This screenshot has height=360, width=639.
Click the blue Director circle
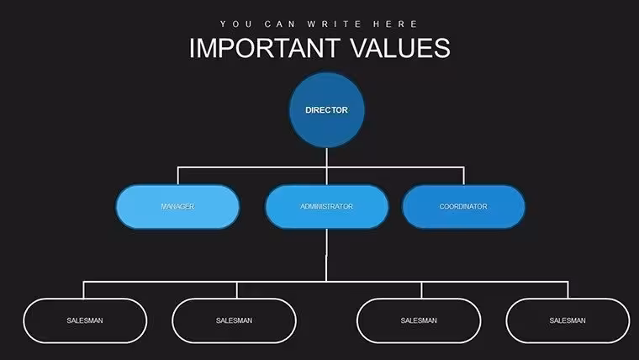click(x=326, y=110)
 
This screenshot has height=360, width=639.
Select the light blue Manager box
click(x=177, y=207)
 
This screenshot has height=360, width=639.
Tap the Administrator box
click(x=326, y=207)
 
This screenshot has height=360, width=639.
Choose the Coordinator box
click(x=463, y=207)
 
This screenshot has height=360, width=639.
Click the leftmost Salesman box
click(x=85, y=320)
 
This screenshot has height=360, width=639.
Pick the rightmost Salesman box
click(x=568, y=320)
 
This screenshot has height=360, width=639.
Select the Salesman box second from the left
click(x=235, y=320)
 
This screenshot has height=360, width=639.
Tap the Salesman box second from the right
click(x=419, y=320)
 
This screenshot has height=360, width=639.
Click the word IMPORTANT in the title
click(x=265, y=48)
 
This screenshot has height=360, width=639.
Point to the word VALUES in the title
click(x=400, y=48)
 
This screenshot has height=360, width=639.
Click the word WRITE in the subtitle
click(x=334, y=24)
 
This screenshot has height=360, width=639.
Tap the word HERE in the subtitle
click(x=395, y=24)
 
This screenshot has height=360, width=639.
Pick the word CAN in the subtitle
click(x=279, y=24)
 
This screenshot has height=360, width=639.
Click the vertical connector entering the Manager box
click(x=177, y=176)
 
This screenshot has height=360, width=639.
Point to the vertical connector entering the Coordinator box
click(x=463, y=176)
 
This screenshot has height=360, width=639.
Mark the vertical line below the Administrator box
click(x=326, y=255)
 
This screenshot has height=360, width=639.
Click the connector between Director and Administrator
click(x=326, y=167)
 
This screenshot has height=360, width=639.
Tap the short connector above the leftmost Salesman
click(x=83, y=290)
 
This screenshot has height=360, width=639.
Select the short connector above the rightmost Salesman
click(x=568, y=290)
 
